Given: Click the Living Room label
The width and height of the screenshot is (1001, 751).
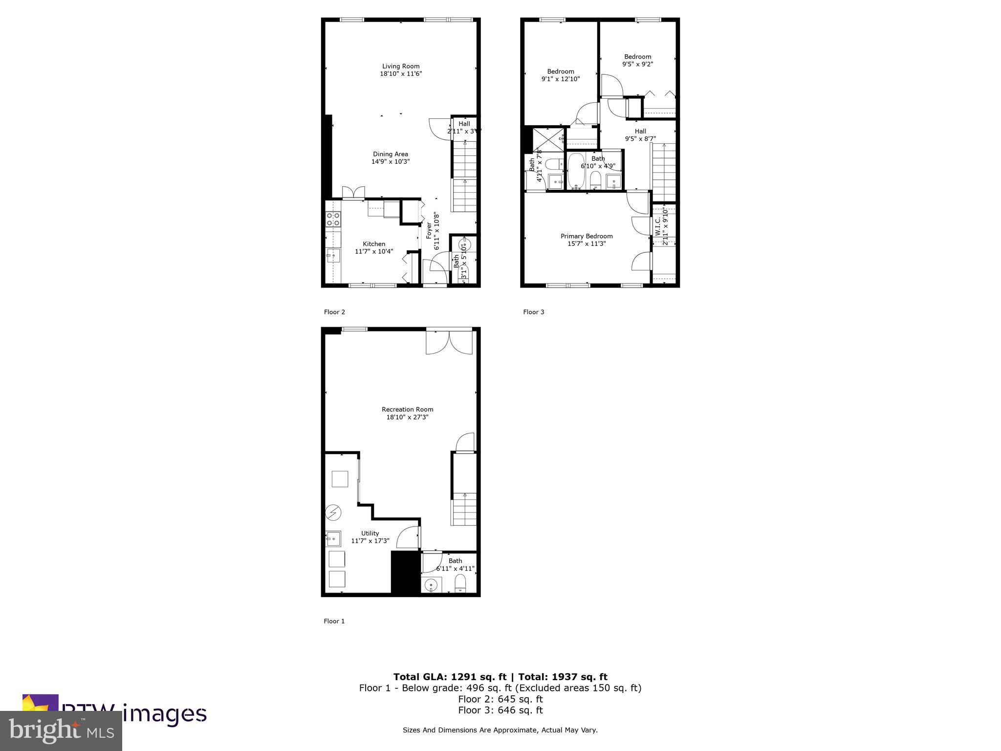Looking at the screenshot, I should click(x=400, y=66).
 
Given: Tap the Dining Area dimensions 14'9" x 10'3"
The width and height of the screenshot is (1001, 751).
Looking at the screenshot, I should click(x=390, y=161).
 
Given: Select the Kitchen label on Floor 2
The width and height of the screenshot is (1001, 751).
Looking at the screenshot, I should click(x=374, y=244).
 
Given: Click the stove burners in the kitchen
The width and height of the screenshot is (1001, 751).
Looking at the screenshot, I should click(x=333, y=219).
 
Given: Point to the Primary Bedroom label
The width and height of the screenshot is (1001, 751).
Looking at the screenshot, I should click(x=587, y=236).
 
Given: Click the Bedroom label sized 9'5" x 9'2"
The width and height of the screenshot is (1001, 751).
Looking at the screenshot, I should click(x=637, y=57).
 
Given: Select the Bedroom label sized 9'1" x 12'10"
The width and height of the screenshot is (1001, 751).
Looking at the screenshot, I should click(x=560, y=71).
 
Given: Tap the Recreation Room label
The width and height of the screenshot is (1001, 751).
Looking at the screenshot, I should click(x=407, y=410).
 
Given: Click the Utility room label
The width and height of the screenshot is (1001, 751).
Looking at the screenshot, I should click(x=370, y=533).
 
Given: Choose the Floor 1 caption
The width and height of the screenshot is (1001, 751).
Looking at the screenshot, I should click(x=334, y=621).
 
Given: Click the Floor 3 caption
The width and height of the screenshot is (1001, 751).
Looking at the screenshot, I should click(x=533, y=312).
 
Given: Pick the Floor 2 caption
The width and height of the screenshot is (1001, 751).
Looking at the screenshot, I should click(x=334, y=312).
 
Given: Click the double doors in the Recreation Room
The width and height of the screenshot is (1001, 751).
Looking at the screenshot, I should click(x=449, y=342).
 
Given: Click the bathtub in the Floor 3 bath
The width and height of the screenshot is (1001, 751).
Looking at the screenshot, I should click(x=576, y=171).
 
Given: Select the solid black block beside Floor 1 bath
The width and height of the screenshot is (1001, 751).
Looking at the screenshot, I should click(x=405, y=573).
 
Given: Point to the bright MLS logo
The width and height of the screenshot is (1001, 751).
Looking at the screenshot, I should click(x=61, y=730).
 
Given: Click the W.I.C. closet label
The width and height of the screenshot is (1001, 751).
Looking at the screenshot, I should click(x=659, y=226).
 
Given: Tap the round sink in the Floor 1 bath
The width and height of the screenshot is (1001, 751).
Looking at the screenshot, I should click(x=431, y=584).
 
